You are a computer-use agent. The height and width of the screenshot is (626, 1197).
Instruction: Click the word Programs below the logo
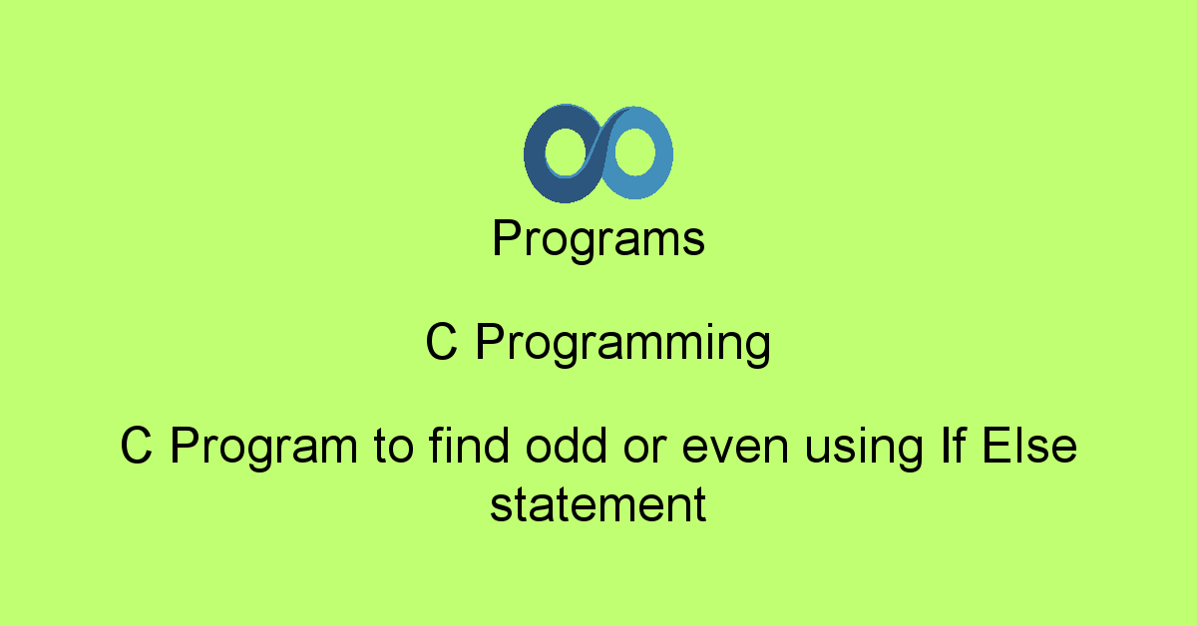[x=598, y=240]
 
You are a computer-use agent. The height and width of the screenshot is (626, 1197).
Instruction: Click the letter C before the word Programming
[x=442, y=344]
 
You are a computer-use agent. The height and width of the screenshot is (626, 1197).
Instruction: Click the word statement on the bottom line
[x=598, y=504]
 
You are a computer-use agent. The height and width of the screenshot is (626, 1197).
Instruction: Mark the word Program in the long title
[x=263, y=448]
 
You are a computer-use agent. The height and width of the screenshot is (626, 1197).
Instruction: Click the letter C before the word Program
[x=137, y=447]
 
